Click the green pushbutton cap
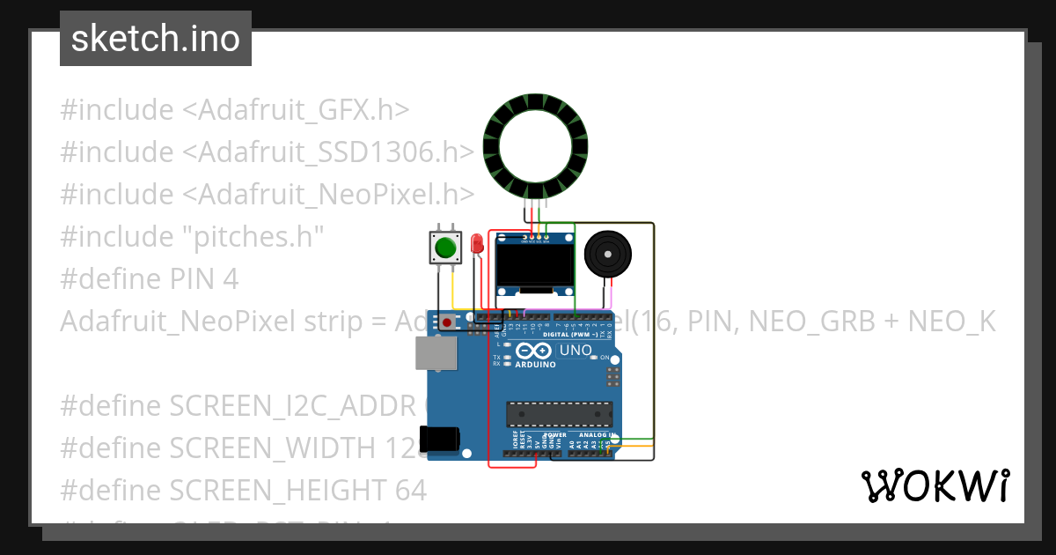pyautogui.click(x=445, y=248)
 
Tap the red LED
pyautogui.click(x=477, y=243)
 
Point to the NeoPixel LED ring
pyautogui.click(x=530, y=147)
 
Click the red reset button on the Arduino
pyautogui.click(x=448, y=322)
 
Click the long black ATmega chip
pyautogui.click(x=559, y=413)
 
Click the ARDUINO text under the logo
pyautogui.click(x=535, y=364)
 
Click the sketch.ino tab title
pyautogui.click(x=156, y=39)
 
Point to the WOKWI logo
pyautogui.click(x=935, y=485)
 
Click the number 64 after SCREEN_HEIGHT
pyautogui.click(x=409, y=490)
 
